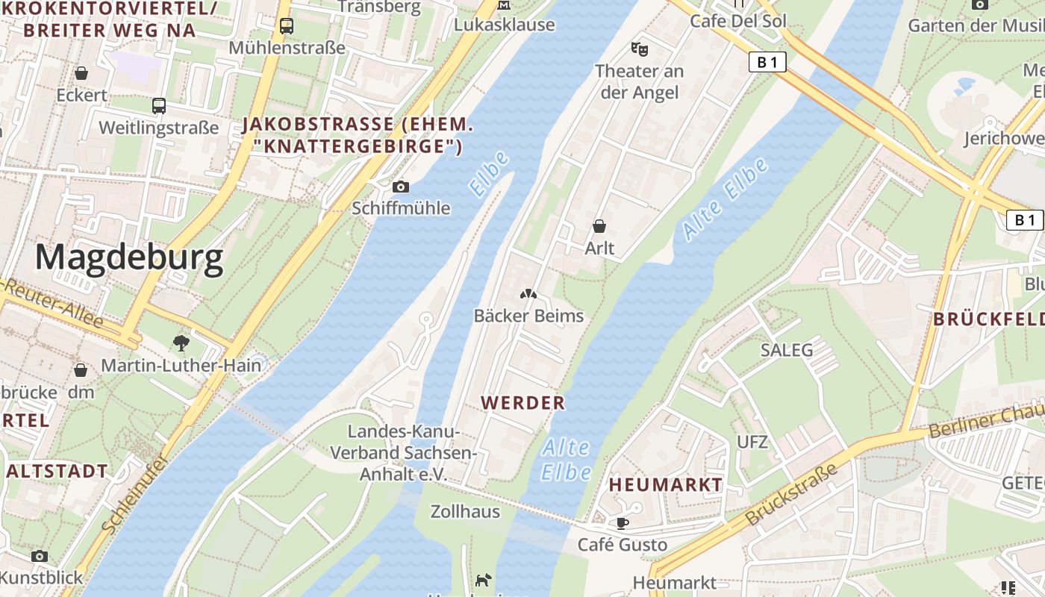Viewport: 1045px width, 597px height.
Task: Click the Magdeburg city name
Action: click(x=128, y=258)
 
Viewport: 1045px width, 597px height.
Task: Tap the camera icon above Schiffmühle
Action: click(x=401, y=187)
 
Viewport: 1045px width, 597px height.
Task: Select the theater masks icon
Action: click(x=638, y=49)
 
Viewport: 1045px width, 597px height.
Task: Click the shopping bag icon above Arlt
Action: click(x=599, y=225)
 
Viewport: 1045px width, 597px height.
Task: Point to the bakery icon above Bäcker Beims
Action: click(x=528, y=295)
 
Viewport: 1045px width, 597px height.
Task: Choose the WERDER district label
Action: click(x=522, y=403)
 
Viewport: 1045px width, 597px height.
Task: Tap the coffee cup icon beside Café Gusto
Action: click(x=622, y=522)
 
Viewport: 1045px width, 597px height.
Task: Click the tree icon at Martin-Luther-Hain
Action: click(x=181, y=343)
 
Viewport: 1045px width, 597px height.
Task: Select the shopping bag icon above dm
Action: click(x=81, y=369)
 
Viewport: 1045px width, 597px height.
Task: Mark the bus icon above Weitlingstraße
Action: click(x=159, y=105)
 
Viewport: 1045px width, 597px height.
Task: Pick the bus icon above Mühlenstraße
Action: click(x=287, y=26)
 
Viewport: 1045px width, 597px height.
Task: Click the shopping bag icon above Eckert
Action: click(x=81, y=73)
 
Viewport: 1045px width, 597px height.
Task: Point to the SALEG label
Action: click(x=786, y=349)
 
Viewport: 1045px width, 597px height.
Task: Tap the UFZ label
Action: click(x=752, y=442)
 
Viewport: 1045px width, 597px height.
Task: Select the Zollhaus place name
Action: click(x=465, y=512)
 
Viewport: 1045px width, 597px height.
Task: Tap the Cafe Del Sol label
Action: click(x=737, y=21)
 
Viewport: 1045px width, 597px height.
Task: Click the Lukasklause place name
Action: click(x=505, y=25)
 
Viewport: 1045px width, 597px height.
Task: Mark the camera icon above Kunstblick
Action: click(x=40, y=556)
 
